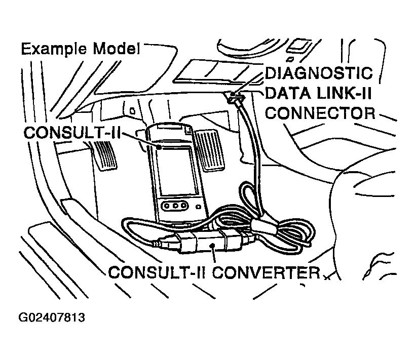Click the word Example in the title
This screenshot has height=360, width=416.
54,49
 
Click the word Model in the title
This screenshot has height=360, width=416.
117,49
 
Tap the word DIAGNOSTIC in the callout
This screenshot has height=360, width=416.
319,73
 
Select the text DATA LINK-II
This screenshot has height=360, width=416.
318,93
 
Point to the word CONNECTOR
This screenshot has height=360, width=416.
320,113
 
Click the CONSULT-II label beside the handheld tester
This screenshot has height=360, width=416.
72,132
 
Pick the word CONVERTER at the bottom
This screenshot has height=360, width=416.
266,272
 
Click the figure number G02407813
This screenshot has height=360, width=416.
52,317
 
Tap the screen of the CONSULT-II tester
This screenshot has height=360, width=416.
177,172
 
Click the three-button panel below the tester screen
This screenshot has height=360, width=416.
175,206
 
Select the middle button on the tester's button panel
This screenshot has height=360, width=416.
175,206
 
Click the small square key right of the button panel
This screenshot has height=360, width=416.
198,207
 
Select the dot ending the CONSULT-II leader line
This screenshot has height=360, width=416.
159,147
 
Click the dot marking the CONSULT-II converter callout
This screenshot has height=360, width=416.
212,246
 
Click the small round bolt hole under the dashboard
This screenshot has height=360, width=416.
132,111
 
